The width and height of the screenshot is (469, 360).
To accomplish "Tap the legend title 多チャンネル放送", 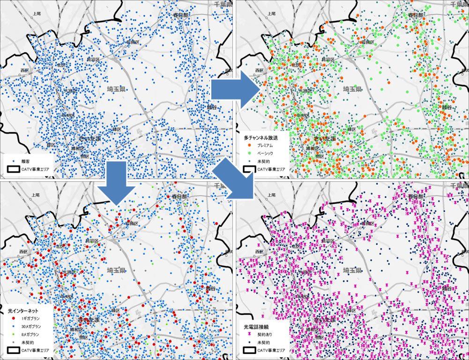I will coord(261,138).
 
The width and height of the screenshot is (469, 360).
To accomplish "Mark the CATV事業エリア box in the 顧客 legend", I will coord(13,169).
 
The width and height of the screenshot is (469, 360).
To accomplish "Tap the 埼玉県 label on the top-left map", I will coord(115,89).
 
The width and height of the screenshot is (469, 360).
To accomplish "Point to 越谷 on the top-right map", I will coord(447,107).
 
